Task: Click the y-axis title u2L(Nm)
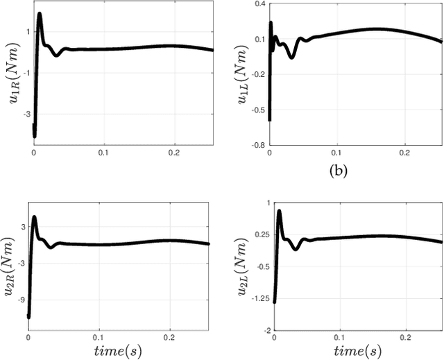[x=243, y=267]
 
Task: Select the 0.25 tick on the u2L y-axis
[x=255, y=234]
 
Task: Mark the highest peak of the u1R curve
[x=40, y=14]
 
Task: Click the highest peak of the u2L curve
[x=279, y=211]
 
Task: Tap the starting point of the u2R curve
[x=28, y=317]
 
